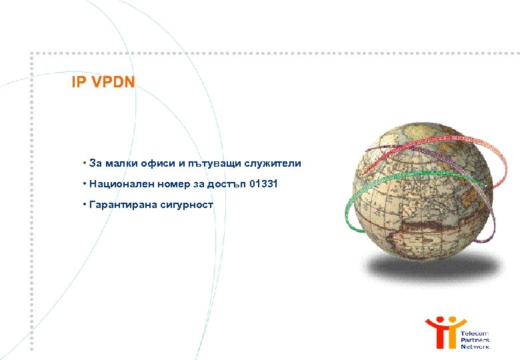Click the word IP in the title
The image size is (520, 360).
click(77, 83)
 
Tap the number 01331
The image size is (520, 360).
click(261, 183)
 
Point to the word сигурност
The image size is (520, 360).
click(187, 204)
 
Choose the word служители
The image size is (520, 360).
click(274, 163)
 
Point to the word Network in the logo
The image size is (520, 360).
click(475, 347)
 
